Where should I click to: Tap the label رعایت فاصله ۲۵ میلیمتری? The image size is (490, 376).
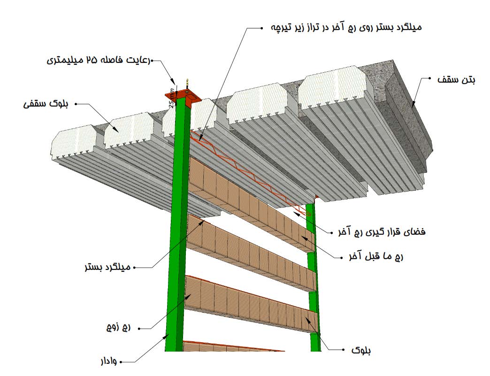[x=98, y=61]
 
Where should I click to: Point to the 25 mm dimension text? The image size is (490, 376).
[x=172, y=98]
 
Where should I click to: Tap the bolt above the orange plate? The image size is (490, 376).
[x=187, y=84]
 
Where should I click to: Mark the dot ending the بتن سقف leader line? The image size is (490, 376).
[x=429, y=80]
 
